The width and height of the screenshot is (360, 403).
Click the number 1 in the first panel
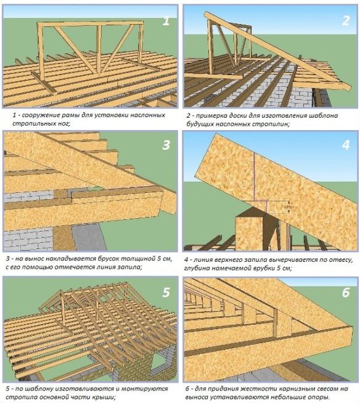click(166, 20)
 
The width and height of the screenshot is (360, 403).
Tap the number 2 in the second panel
click(346, 20)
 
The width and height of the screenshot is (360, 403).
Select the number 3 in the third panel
click(166, 145)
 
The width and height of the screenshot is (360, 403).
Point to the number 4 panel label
click(346, 145)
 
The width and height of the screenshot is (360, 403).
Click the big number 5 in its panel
click(166, 292)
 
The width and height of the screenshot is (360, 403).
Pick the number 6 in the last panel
click(346, 292)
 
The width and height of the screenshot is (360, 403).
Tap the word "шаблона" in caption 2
click(324, 115)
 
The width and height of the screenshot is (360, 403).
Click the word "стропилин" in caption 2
click(271, 124)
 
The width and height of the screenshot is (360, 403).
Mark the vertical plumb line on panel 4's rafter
click(254, 177)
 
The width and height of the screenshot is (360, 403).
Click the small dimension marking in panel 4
click(287, 207)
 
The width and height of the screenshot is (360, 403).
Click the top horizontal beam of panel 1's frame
click(91, 23)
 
